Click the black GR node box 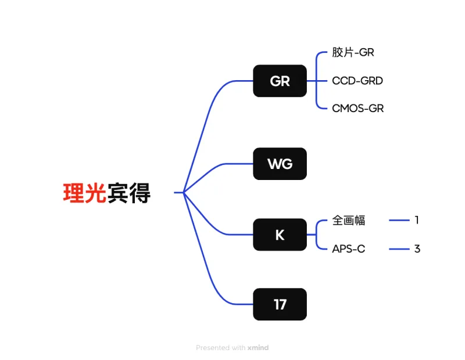point(280,81)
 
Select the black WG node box point(280,164)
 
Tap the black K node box point(280,235)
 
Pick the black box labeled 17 point(280,304)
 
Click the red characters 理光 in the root point(85,193)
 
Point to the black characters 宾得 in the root point(129,193)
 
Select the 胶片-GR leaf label point(353,52)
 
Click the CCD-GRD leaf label point(357,81)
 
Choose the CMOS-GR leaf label point(358,109)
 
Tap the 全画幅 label point(349,221)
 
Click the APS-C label point(349,249)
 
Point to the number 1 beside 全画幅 point(417,220)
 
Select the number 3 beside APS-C point(417,249)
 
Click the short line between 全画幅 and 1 point(399,221)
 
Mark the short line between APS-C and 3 point(399,249)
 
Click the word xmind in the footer point(258,348)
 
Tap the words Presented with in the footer point(220,348)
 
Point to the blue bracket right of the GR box point(316,81)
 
